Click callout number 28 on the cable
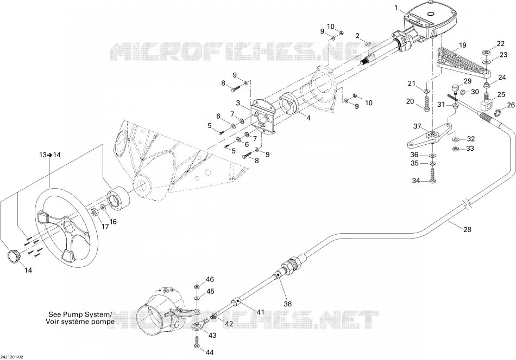[467, 229]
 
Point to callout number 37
[417, 126]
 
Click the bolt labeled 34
[433, 174]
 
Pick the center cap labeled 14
[13, 256]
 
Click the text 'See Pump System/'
[80, 314]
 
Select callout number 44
[209, 352]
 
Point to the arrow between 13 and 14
[50, 155]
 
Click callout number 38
[288, 304]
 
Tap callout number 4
[309, 117]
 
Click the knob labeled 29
[455, 89]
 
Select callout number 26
[511, 105]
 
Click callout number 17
[105, 226]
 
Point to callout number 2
[357, 35]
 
